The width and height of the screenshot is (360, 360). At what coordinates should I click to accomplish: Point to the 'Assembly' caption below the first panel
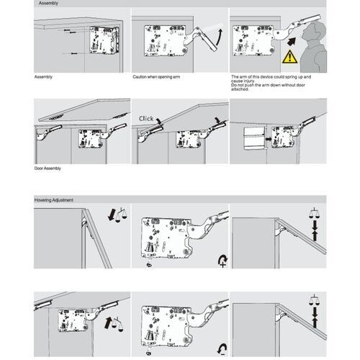click(43, 76)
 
